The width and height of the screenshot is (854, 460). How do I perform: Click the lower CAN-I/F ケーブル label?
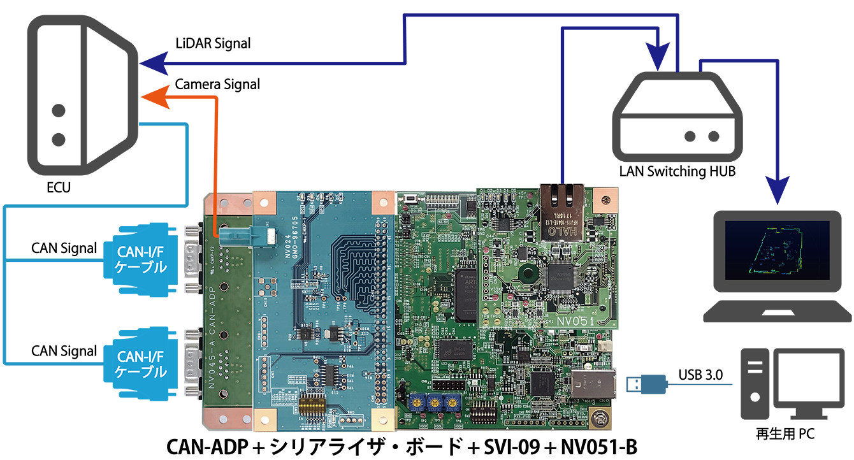[x=141, y=363]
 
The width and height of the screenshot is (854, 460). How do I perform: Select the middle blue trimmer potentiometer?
[x=436, y=401]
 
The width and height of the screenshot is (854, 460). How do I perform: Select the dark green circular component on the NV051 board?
[x=526, y=275]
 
